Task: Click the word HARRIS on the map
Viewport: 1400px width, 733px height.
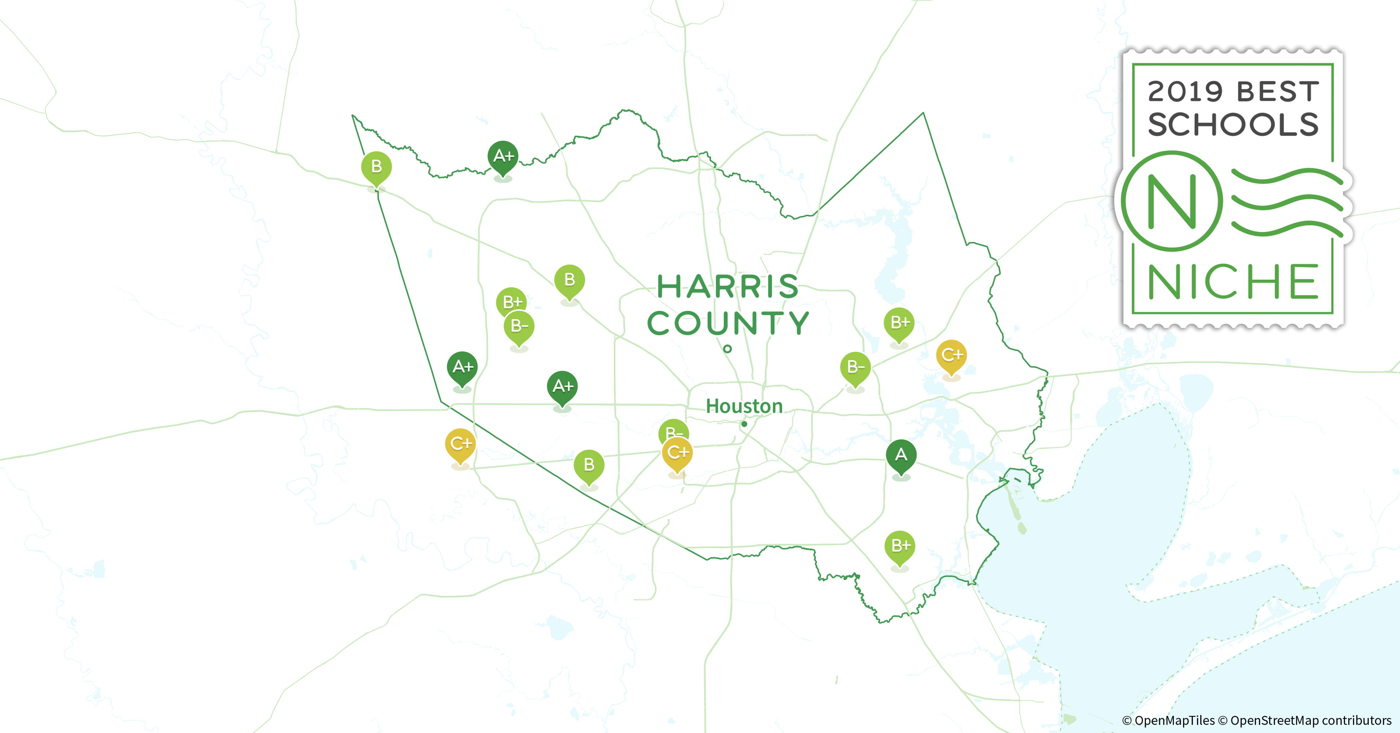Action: pyautogui.click(x=728, y=286)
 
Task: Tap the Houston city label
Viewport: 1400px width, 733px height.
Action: pyautogui.click(x=744, y=406)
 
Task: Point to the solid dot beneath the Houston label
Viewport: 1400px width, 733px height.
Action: pyautogui.click(x=744, y=424)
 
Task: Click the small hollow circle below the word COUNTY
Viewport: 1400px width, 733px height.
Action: pyautogui.click(x=727, y=349)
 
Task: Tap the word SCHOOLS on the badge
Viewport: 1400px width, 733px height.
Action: pyautogui.click(x=1233, y=125)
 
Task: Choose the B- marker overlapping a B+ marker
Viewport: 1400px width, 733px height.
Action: pyautogui.click(x=519, y=326)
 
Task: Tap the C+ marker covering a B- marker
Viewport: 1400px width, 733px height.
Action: pyautogui.click(x=677, y=452)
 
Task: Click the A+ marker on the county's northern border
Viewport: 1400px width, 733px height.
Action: pyautogui.click(x=503, y=156)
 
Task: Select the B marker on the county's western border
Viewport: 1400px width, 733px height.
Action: pyautogui.click(x=376, y=166)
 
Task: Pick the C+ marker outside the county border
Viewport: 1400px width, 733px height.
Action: pyautogui.click(x=460, y=444)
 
